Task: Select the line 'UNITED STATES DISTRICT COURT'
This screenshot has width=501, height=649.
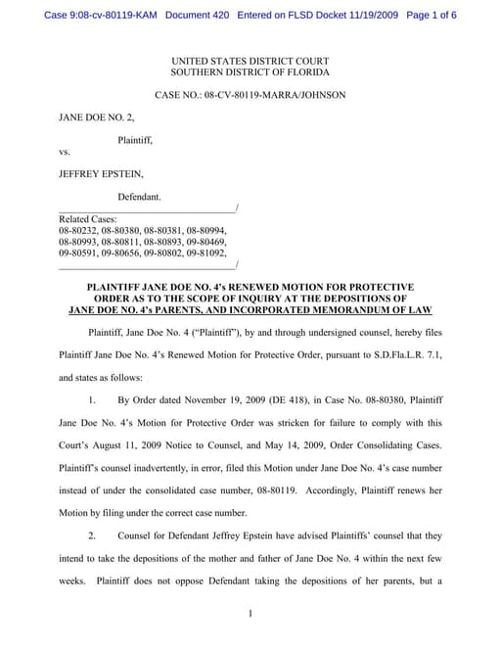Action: coord(250,61)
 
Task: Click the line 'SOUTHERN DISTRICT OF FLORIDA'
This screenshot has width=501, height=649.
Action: coord(250,72)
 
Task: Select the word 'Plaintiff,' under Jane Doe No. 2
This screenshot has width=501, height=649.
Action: coord(135,140)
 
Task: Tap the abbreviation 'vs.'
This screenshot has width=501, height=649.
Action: coord(65,152)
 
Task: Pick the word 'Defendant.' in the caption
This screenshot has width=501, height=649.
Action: coord(139,197)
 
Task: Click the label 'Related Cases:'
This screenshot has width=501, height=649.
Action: coord(88,218)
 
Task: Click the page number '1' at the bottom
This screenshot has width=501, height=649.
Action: coord(250,614)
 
